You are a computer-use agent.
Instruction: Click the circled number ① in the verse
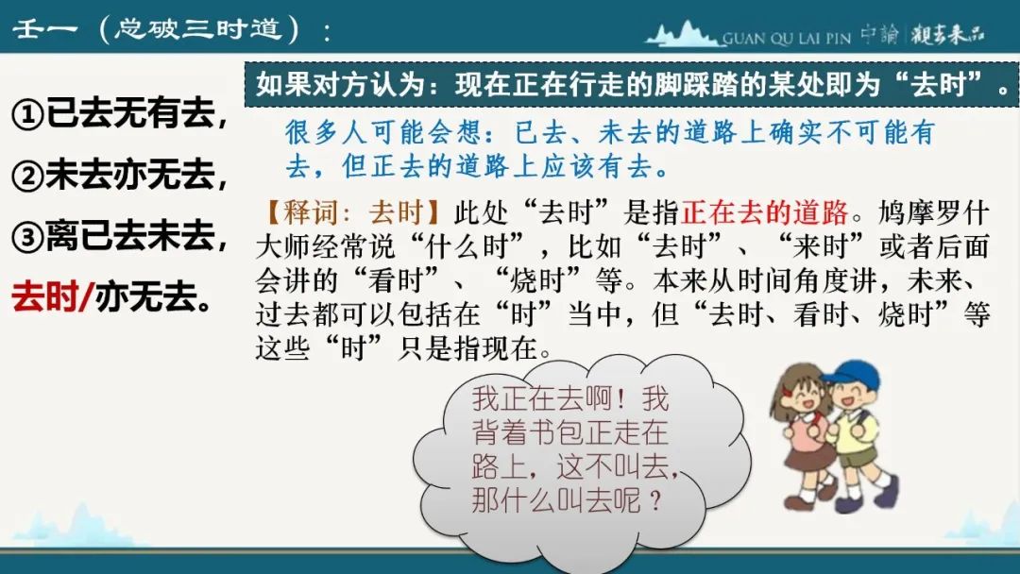(x=28, y=115)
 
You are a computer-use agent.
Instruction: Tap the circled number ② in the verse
(x=28, y=176)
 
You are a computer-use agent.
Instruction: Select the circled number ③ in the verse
(x=28, y=237)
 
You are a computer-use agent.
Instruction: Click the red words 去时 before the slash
(x=44, y=297)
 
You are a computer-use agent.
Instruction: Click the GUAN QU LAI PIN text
(x=787, y=39)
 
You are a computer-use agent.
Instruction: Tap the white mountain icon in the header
(x=683, y=34)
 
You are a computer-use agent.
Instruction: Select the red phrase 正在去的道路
(x=765, y=212)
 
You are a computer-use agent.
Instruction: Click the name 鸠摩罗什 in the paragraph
(x=933, y=212)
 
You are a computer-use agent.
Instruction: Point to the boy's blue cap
(x=850, y=375)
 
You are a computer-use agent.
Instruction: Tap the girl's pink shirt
(x=807, y=429)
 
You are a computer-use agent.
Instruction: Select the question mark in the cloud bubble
(x=655, y=500)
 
